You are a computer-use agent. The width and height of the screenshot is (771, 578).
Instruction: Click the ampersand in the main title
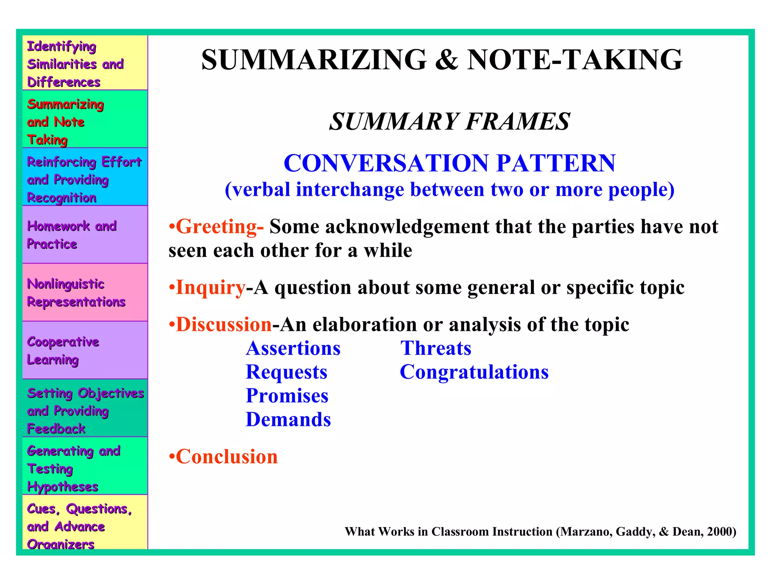pos(446,60)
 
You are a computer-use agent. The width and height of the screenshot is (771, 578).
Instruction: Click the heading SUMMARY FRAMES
pos(449,122)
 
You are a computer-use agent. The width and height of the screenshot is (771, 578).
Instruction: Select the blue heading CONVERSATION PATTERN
pos(449,163)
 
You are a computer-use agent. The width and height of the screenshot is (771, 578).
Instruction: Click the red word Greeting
pos(216,227)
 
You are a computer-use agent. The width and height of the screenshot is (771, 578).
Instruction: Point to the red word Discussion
pos(224,324)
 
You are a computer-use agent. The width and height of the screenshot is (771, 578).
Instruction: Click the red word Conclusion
pos(227,457)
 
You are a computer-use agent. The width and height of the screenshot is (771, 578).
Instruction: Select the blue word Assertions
pos(293,348)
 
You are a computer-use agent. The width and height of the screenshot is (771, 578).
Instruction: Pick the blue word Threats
pos(436,348)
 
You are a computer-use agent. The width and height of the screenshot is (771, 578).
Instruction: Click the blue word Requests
pos(286,372)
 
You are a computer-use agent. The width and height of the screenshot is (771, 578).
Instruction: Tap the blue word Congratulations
pos(474,372)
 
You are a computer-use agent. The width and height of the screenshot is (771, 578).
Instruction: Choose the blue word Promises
pos(287,396)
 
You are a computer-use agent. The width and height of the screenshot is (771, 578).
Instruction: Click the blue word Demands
pos(288,420)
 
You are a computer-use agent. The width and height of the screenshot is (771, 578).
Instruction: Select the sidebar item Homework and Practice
pos(72,235)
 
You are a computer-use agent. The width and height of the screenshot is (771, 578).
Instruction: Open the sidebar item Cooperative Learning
pos(63,350)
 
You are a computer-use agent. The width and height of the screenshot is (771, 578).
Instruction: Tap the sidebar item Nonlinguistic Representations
pos(76,293)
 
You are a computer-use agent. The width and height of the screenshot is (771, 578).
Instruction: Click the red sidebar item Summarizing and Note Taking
pos(65,122)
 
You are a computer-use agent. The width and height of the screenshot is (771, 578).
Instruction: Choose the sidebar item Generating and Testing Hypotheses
pos(73,468)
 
